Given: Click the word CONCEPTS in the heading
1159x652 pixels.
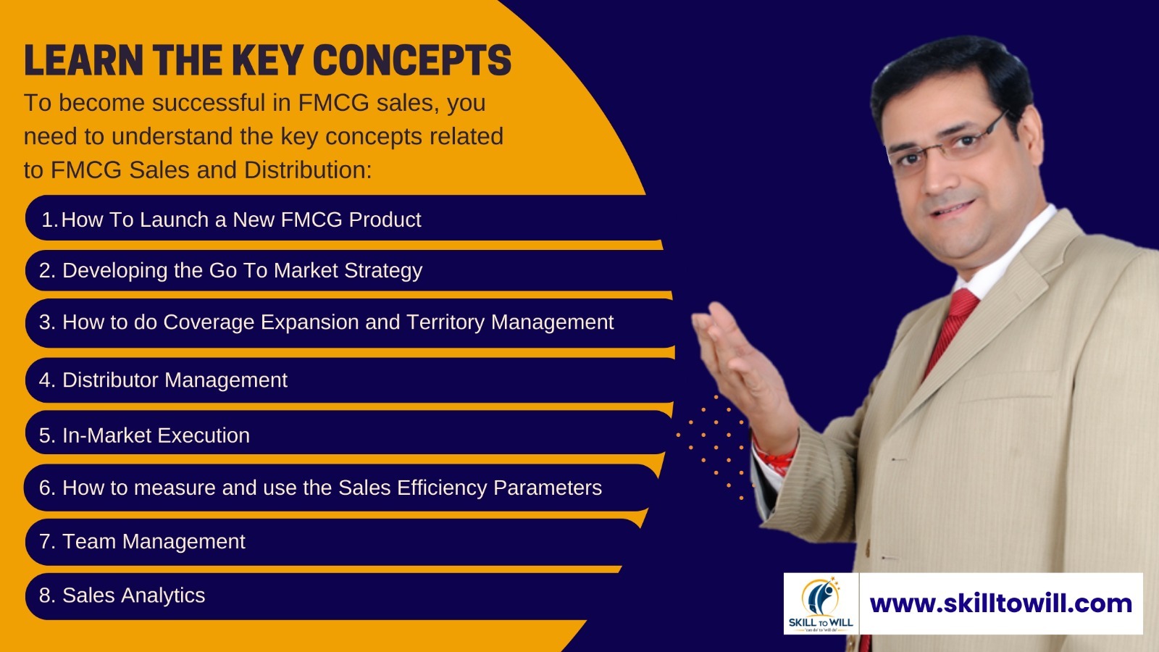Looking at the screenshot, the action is point(412,60).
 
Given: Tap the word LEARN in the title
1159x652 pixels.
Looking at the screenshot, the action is point(83,60).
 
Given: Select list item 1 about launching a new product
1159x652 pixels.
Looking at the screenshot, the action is point(231,220).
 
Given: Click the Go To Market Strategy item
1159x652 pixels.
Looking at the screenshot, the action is point(231,271).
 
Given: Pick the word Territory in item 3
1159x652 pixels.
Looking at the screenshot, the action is point(445,322).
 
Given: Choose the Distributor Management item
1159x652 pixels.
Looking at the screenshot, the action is point(164,380).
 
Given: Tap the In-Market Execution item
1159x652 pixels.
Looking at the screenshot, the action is point(144,435).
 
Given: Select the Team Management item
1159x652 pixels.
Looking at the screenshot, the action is point(142,542).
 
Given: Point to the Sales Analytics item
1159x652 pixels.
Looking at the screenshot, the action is point(122,595).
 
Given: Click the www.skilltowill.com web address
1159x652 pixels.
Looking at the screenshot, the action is point(1000,604).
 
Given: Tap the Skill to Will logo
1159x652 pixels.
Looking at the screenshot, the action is point(821,603).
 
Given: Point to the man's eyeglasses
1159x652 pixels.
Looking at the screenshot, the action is point(947,145).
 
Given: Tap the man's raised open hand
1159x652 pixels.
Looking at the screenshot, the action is point(740,362).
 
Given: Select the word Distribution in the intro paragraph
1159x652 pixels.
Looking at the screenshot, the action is point(308,170).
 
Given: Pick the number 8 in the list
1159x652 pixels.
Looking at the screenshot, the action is point(46,595).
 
